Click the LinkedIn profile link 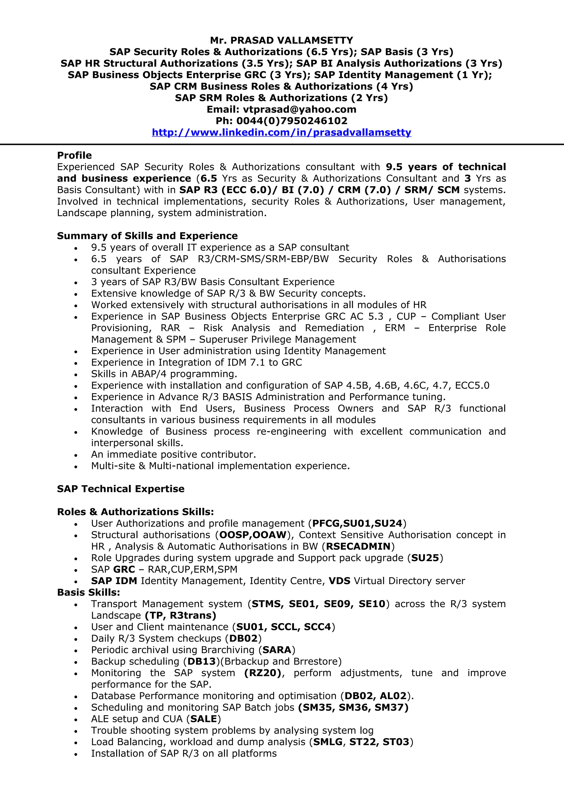tap(281, 132)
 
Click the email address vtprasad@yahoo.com tap(300, 109)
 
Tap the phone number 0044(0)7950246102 tap(292, 121)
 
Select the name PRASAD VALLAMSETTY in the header tap(292, 40)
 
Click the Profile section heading tap(74, 155)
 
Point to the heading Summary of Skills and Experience tap(147, 236)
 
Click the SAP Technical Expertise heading tap(121, 489)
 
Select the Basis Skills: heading tap(89, 592)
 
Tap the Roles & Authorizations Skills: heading tap(135, 512)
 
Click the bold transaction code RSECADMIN tap(358, 546)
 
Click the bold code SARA tap(277, 650)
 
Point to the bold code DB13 tap(202, 661)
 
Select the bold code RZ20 tap(263, 673)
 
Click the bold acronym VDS tap(340, 581)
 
